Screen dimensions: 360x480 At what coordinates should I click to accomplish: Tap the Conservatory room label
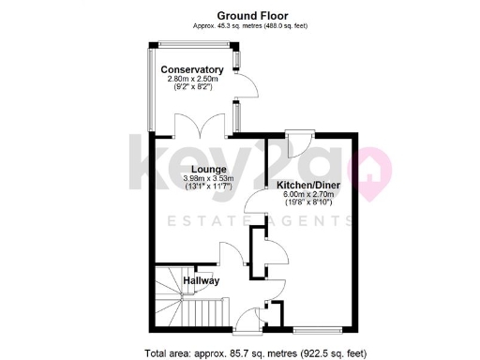(191, 70)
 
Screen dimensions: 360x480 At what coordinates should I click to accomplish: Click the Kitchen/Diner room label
(307, 186)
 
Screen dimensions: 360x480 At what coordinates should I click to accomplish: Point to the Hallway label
(201, 280)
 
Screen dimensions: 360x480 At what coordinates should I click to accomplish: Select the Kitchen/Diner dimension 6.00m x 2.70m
(307, 196)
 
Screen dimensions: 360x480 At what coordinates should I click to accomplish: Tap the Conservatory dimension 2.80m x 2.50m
(191, 81)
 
